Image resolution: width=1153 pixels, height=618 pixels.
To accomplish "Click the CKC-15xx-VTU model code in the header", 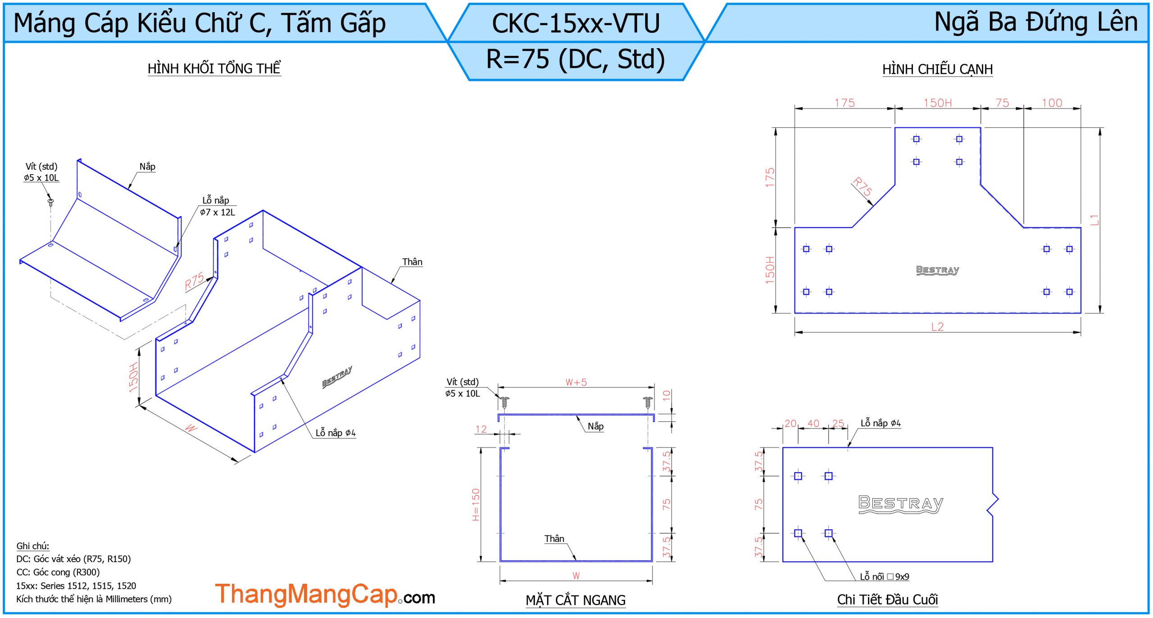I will [x=576, y=23].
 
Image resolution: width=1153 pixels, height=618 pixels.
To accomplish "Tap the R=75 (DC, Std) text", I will [x=576, y=59].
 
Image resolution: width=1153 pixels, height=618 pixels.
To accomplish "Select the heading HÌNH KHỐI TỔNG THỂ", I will [x=214, y=68].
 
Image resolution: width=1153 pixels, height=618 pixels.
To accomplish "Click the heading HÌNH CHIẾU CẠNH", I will [x=937, y=69].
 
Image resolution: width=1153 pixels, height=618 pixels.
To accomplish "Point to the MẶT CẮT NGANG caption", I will [x=576, y=600].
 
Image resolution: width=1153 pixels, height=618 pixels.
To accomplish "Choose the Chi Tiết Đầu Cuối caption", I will [x=887, y=600].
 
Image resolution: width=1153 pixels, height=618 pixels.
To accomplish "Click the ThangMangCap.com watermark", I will [x=325, y=595].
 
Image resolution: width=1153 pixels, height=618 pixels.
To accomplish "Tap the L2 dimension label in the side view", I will [x=937, y=326].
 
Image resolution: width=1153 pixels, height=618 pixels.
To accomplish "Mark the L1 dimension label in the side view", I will [x=1094, y=220].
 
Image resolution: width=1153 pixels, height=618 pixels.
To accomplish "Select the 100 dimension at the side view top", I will [x=1052, y=103].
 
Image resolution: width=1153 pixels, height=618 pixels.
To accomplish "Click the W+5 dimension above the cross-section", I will [x=576, y=382].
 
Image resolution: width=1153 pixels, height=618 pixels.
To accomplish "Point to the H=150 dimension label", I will [x=476, y=505].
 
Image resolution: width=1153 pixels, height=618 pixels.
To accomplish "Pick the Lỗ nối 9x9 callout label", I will [x=884, y=577].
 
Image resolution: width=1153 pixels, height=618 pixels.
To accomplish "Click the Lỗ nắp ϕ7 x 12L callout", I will [x=217, y=206].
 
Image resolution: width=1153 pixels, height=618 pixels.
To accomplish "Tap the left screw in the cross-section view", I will [x=505, y=402].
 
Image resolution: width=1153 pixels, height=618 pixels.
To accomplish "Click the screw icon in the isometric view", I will [x=50, y=202].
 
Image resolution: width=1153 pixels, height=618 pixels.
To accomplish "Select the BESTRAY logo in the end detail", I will [x=901, y=504].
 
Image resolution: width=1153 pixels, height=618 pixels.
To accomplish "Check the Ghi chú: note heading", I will [x=33, y=546].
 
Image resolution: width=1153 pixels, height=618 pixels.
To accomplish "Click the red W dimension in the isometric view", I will [x=191, y=428].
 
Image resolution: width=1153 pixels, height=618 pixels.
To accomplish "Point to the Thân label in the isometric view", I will [x=412, y=262].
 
